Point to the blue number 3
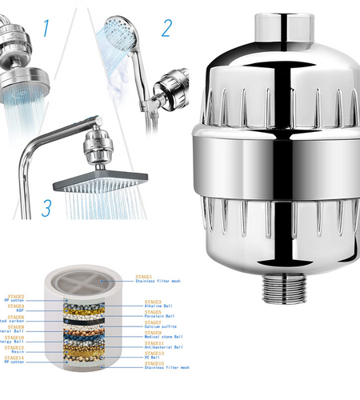pos(47,208)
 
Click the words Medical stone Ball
pos(168,337)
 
